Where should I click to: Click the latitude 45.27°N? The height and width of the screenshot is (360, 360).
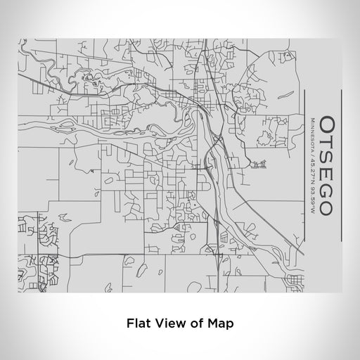tap(311, 160)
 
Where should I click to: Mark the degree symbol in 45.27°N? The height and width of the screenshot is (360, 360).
tap(311, 166)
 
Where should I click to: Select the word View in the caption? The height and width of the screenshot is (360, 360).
tap(165, 324)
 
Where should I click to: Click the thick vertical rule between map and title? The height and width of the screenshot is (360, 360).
tap(305, 172)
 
